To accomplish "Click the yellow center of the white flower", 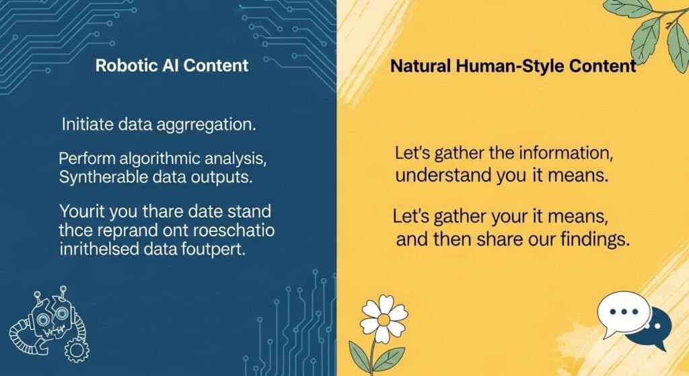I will tap(384, 317).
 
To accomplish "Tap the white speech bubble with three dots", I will tap(624, 313).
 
